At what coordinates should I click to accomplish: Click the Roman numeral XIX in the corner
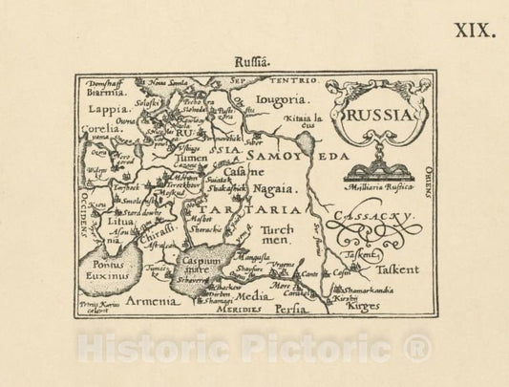click(x=476, y=31)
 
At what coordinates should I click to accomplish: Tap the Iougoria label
click(x=283, y=98)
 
